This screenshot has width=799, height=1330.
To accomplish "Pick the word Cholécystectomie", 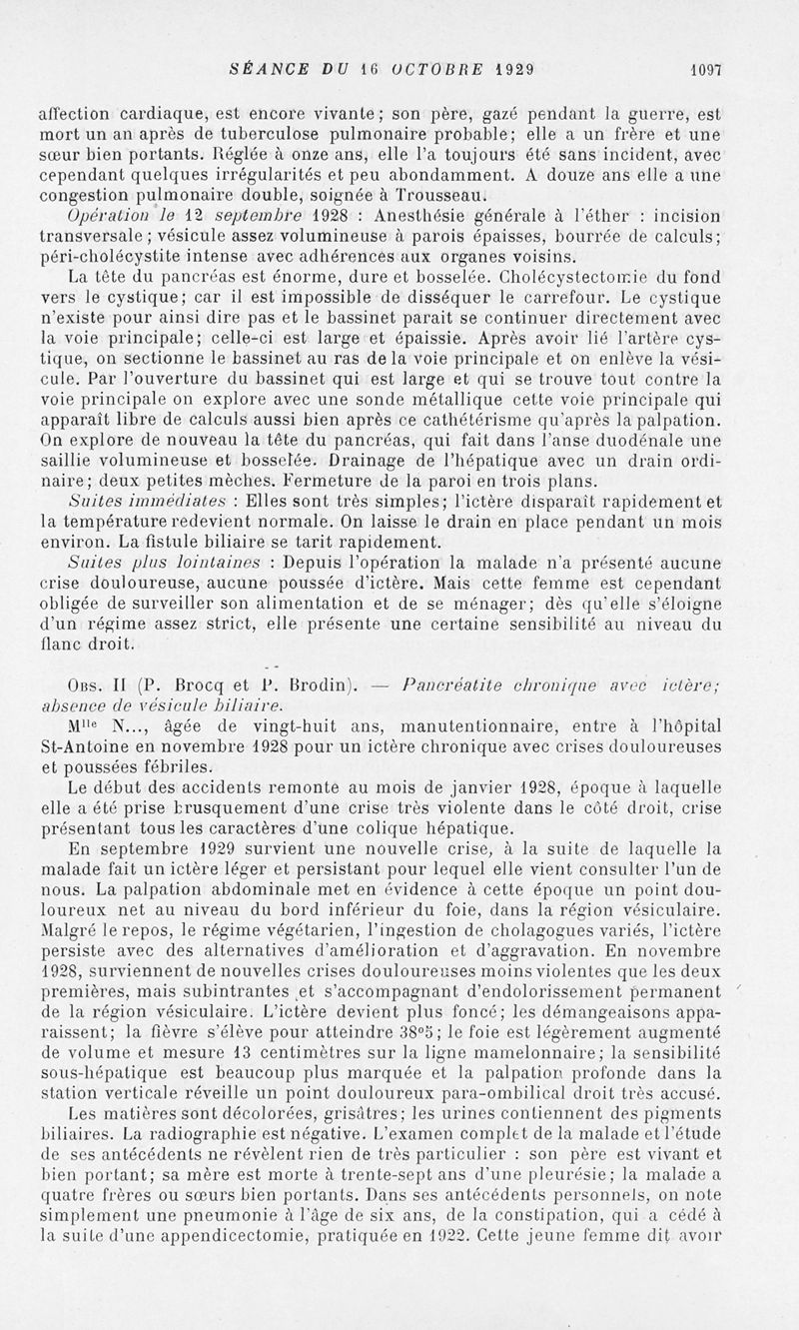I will coord(559,277).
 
